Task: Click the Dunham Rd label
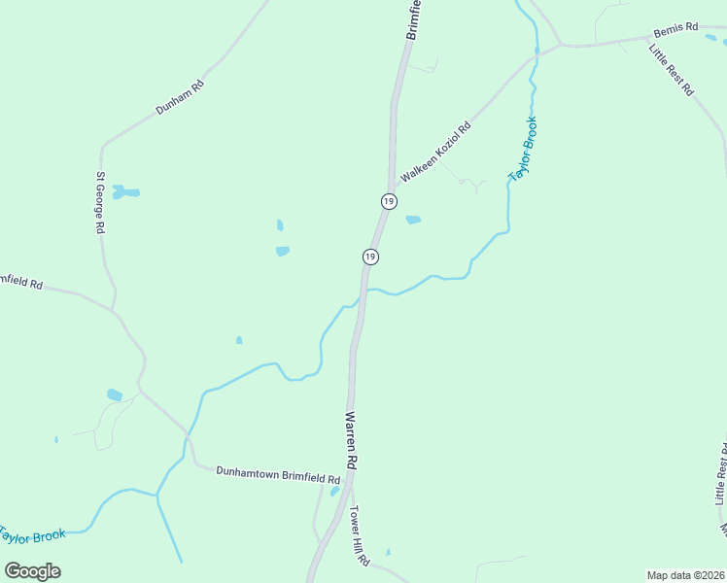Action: pos(180,97)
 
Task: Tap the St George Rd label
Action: pos(99,203)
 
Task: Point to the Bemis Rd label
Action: pos(675,29)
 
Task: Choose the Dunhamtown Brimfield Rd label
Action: pos(278,474)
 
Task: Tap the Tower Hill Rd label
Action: pos(360,536)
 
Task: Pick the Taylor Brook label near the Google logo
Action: pos(32,535)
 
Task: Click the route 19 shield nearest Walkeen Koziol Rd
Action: pos(389,201)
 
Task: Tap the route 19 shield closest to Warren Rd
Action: pos(370,257)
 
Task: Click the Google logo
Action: pos(32,570)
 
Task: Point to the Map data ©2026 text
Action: pos(684,575)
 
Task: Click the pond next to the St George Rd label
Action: pos(123,191)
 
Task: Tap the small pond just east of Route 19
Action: pos(413,220)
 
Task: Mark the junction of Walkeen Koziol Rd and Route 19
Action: pos(393,185)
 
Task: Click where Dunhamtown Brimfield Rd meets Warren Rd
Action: pos(351,474)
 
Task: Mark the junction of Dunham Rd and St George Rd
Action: pos(101,146)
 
